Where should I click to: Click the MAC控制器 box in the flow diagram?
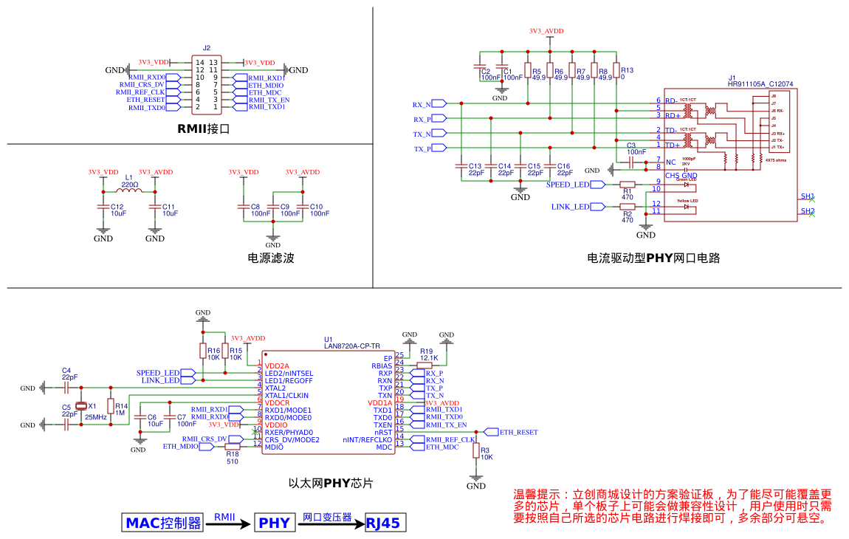click(x=163, y=523)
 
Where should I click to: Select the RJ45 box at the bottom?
click(x=384, y=523)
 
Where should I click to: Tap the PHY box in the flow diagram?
click(x=274, y=523)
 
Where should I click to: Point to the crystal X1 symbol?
click(x=81, y=406)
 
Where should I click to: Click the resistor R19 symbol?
click(x=424, y=365)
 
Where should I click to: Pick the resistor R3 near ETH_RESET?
click(x=476, y=450)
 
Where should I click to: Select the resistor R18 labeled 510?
click(x=233, y=447)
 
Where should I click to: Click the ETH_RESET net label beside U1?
click(x=518, y=432)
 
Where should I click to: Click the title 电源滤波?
click(x=271, y=258)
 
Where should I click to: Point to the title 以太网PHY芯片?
click(x=330, y=484)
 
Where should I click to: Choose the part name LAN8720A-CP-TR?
click(x=352, y=346)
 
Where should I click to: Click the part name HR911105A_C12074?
click(x=760, y=84)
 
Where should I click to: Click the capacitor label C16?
click(x=563, y=166)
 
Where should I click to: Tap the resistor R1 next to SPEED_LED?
click(x=628, y=185)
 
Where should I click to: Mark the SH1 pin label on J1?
click(x=808, y=196)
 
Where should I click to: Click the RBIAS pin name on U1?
click(x=382, y=365)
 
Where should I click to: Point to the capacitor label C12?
click(x=117, y=207)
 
